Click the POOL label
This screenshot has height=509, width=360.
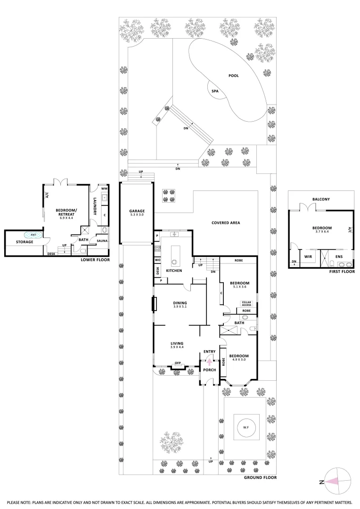coord(233,75)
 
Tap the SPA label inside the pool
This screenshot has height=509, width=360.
coord(215,91)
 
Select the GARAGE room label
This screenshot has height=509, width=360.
coord(137,211)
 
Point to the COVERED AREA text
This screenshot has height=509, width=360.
coord(226,222)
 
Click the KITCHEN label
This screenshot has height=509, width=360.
coord(174,271)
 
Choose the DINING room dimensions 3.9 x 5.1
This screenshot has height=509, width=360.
coord(180,307)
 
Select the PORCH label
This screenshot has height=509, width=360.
coord(209,370)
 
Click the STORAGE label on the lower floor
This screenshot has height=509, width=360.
coord(25,242)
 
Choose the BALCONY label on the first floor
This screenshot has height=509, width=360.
coord(321,199)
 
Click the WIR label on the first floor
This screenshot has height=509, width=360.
coord(309,257)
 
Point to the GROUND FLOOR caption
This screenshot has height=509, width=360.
coord(260,477)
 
